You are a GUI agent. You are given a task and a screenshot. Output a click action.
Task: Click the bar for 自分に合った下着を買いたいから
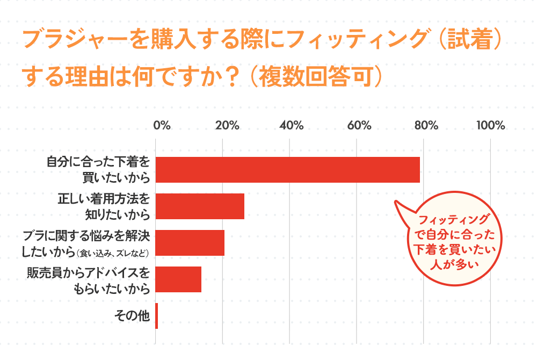coord(287,170)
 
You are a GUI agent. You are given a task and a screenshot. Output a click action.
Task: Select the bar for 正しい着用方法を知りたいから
coord(200,206)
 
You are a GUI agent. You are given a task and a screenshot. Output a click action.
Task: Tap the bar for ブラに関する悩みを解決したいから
coord(190,243)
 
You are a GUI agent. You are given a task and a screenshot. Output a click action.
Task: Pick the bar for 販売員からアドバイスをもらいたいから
coord(178,279)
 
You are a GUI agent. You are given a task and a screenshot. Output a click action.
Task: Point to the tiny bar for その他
coord(156,316)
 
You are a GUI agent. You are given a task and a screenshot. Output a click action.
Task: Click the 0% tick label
coord(162,126)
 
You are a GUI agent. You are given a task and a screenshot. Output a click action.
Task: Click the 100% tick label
coord(491,126)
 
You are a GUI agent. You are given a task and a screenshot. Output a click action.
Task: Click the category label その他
coord(132,316)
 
